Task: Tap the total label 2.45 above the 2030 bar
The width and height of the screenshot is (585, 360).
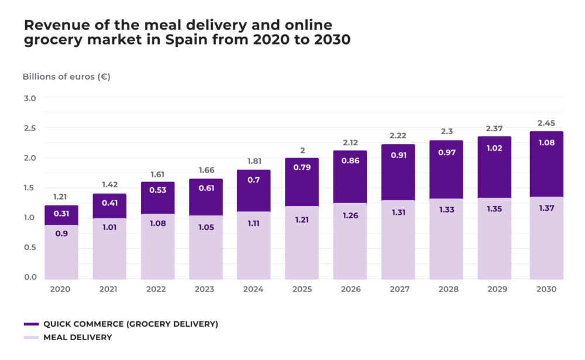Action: coord(546,124)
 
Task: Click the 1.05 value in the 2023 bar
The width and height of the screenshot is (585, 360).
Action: coord(206,228)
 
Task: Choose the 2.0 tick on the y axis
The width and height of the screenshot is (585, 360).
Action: coord(30,158)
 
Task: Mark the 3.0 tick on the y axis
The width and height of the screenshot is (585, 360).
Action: coord(30,98)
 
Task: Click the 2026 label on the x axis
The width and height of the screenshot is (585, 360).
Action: coord(350,289)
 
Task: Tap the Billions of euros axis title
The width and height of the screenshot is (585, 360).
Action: coord(66,77)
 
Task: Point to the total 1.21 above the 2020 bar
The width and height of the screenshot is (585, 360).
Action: coord(61,197)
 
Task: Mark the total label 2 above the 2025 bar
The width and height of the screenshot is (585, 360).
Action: coord(302,150)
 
